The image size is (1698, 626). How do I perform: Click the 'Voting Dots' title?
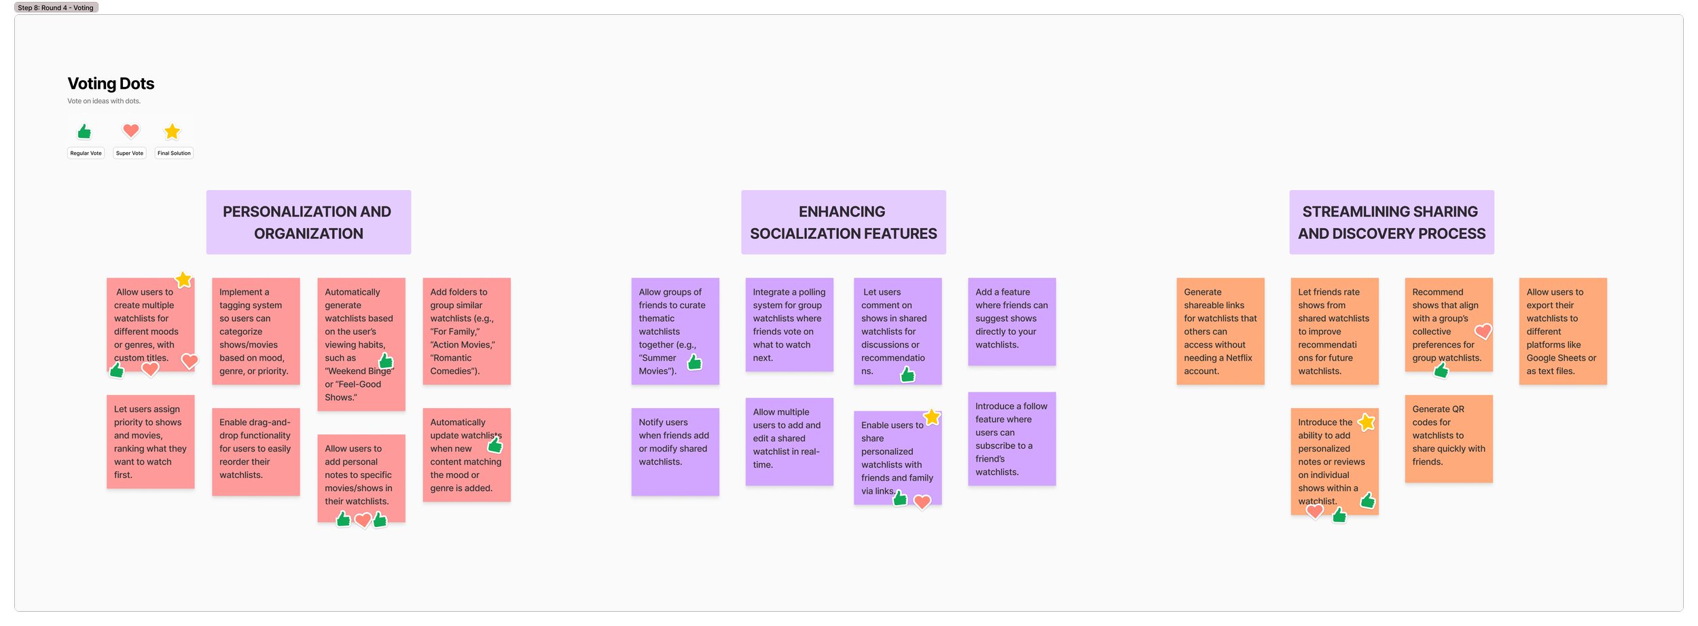(111, 84)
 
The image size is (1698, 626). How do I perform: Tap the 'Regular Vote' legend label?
(86, 153)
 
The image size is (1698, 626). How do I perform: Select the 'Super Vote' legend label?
(129, 153)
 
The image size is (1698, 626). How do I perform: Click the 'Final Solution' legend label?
(174, 153)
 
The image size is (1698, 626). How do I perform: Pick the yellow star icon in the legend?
(173, 131)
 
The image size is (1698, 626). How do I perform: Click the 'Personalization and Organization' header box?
(308, 222)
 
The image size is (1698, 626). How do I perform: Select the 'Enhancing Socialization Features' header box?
(843, 222)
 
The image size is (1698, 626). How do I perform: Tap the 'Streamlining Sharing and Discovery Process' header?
(1391, 222)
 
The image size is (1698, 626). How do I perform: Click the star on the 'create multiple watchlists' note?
(183, 280)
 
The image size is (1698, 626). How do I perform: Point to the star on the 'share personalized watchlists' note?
(932, 417)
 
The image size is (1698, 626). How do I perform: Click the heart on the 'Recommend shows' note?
(1483, 331)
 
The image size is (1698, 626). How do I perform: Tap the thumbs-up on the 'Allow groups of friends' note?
(695, 363)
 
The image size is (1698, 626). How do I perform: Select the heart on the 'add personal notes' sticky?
(363, 520)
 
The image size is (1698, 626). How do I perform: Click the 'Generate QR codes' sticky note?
(1448, 439)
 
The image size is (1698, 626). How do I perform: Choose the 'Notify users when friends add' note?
(674, 452)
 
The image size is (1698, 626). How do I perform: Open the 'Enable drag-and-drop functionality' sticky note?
(255, 452)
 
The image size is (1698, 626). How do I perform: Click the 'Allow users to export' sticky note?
(1562, 331)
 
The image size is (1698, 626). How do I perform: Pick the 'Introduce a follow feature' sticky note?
(1011, 439)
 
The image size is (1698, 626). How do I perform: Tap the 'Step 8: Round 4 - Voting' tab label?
(56, 7)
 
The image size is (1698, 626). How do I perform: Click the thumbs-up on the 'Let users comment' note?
(907, 375)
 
